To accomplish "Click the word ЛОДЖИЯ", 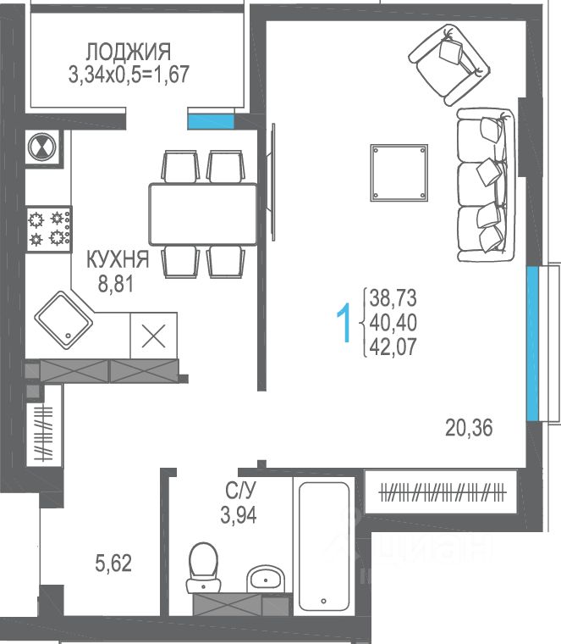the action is pos(129,52).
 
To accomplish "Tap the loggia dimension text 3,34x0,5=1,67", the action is pos(129,75).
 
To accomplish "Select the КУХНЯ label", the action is pos(118,259).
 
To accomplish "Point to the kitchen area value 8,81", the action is pos(116,283).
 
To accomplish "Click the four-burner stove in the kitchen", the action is pos(49,229).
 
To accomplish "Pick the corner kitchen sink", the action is pos(64,320).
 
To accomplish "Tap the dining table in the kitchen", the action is pos(203,214).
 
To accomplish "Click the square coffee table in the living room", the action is pos(399,173).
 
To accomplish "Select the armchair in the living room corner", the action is pos(449,64).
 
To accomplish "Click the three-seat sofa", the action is pos(486,185).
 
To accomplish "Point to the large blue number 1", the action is pos(344,323).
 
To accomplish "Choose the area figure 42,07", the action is pos(393,347).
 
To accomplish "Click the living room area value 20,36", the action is pos(469,428).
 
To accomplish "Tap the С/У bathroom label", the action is pos(240,490).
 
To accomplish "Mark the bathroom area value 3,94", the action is pos(239,515).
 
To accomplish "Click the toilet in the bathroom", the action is pos(203,567).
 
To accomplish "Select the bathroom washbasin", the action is pos(266,579).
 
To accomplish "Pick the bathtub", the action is pos(324,547).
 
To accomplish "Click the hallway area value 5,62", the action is pos(113,563).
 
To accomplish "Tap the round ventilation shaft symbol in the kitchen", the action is pos(41,147).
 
